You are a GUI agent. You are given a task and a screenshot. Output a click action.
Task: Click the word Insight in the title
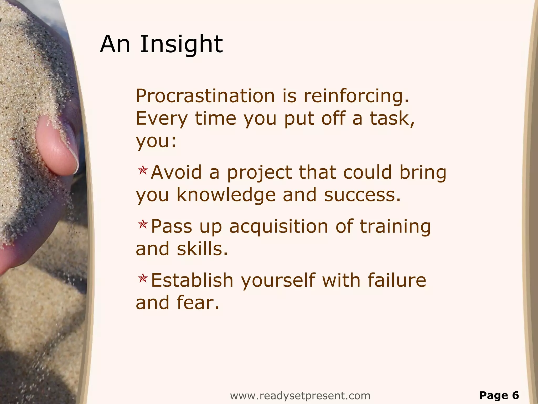[x=181, y=44]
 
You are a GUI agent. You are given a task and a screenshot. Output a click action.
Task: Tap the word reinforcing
[x=356, y=96]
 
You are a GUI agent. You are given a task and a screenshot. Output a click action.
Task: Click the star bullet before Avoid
[x=143, y=171]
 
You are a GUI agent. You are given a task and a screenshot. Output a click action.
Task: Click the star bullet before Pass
[x=143, y=224]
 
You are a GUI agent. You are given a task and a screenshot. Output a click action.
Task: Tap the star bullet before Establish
[x=143, y=278]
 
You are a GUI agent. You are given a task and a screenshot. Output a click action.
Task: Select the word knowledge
[x=226, y=195]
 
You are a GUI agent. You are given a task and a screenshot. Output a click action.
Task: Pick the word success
[x=362, y=195]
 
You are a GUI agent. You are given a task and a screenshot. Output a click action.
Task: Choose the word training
[x=395, y=226]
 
